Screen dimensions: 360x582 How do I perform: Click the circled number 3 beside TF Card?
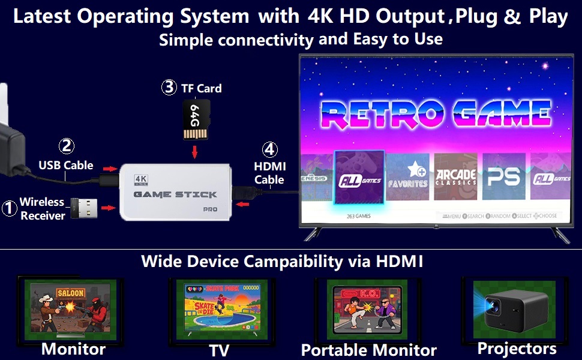pos(169,88)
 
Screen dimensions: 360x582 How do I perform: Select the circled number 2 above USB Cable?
pos(66,146)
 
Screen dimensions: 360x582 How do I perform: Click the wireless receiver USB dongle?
pos(83,208)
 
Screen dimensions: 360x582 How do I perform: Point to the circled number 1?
pos(9,208)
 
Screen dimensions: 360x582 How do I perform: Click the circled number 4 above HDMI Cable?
pos(270,149)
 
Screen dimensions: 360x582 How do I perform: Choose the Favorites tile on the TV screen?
pos(407,175)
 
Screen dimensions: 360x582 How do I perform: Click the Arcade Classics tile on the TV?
pos(455,176)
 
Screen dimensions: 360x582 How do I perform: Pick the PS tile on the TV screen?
pos(503,176)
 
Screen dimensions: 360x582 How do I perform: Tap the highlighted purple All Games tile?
pos(358,178)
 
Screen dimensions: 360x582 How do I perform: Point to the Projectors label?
pos(517,349)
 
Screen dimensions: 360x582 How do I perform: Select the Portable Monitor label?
pos(368,350)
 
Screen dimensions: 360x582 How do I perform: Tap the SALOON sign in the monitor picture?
pos(71,293)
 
